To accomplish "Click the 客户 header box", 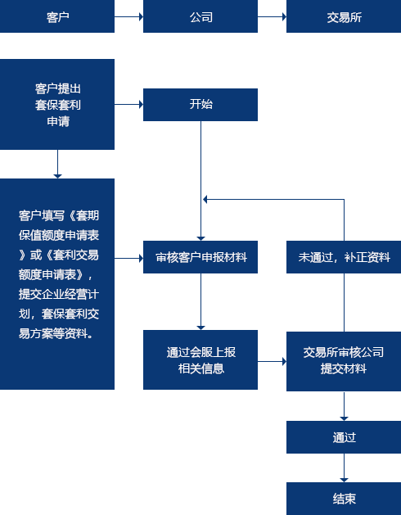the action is tap(57, 16).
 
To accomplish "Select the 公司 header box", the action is tap(200, 16).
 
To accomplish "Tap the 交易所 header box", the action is tap(344, 16).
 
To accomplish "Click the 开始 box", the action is tap(200, 105).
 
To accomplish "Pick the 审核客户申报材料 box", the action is tap(200, 257).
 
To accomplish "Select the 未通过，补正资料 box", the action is tap(344, 257).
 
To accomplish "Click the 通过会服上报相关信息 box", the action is tap(200, 359).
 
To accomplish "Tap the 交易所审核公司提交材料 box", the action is tap(344, 361).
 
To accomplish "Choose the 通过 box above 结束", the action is tap(344, 437).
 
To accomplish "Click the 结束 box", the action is tap(344, 499).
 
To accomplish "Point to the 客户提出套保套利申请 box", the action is tap(57, 104).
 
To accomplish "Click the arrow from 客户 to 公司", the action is tap(128, 16).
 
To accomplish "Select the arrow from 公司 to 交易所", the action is tap(272, 16).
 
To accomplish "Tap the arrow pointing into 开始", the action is tap(128, 105).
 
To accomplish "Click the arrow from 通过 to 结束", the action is tap(344, 468).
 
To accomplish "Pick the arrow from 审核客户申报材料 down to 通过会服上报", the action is tap(200, 301).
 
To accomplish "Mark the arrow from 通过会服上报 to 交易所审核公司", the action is tap(272, 362).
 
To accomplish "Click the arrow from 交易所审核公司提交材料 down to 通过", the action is tap(344, 406).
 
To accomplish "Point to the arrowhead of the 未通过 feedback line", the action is tap(205, 199).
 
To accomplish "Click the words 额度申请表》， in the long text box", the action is tap(56, 274).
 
